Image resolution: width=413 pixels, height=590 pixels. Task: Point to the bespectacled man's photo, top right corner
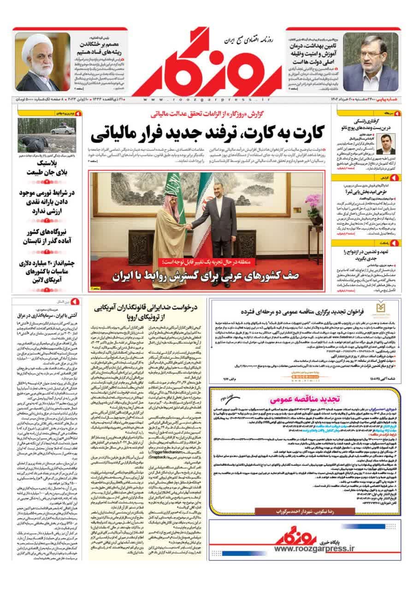click(x=370, y=62)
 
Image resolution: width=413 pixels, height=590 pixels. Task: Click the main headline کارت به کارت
click(x=208, y=133)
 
